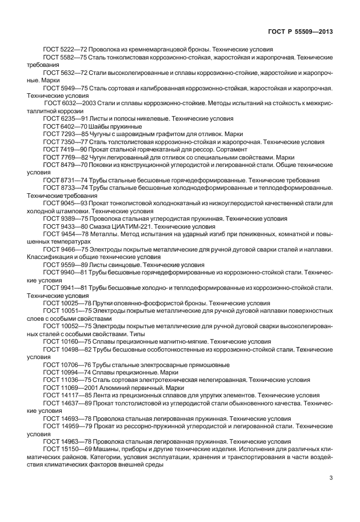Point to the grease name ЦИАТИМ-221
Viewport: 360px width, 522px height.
point(123,226)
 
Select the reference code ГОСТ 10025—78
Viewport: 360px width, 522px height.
point(63,302)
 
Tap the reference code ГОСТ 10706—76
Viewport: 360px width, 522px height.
point(63,364)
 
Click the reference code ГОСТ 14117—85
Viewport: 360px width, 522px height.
point(63,395)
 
